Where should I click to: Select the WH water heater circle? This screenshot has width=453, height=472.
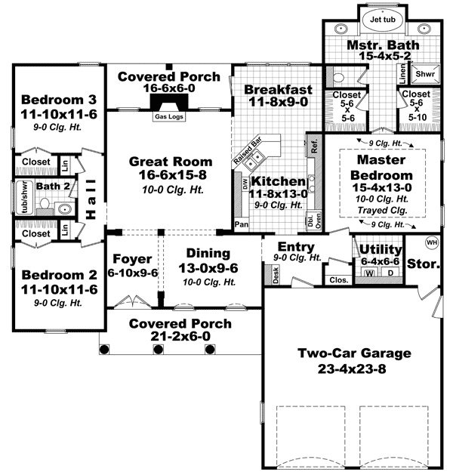pos(432,242)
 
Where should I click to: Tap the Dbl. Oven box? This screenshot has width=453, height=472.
pos(310,220)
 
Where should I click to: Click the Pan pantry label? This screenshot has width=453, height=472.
pos(242,224)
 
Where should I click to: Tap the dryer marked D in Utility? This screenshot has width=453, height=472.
pos(391,273)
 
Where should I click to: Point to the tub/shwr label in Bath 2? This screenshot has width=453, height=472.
pos(24,196)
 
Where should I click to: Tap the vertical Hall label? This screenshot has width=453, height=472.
pos(91,199)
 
